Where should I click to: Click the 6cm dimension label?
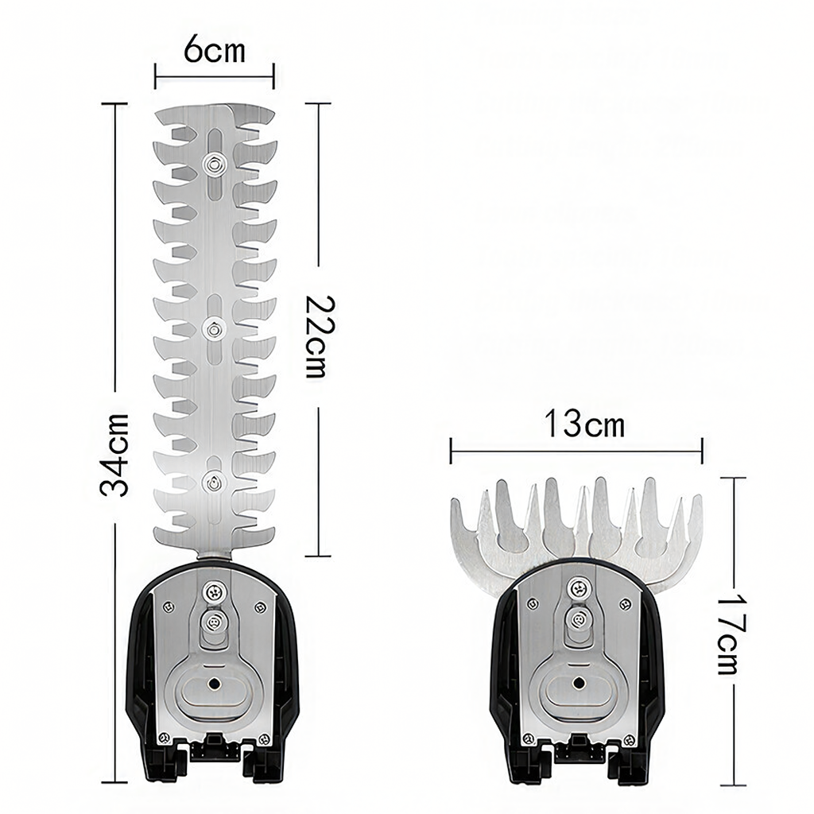pyautogui.click(x=214, y=51)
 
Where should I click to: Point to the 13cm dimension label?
pyautogui.click(x=584, y=424)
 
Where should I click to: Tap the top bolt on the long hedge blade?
pyautogui.click(x=213, y=164)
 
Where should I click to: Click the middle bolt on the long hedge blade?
pyautogui.click(x=213, y=326)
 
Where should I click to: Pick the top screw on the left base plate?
pyautogui.click(x=212, y=590)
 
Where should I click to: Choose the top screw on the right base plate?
pyautogui.click(x=578, y=589)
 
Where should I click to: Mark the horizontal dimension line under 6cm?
pyautogui.click(x=214, y=77)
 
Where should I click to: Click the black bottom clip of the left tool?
pyautogui.click(x=212, y=747)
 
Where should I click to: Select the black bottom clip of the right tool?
pyautogui.click(x=579, y=747)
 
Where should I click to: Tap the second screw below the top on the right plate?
pyautogui.click(x=578, y=621)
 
